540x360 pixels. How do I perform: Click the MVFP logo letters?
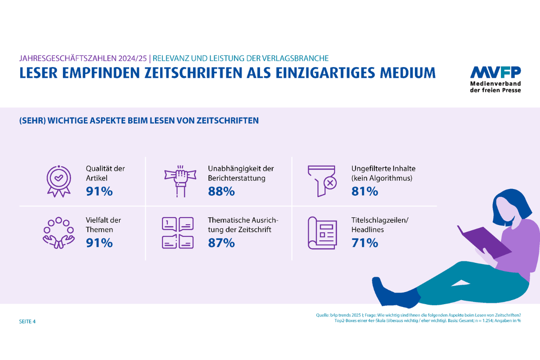tap(495, 72)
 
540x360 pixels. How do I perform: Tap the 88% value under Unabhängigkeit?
tap(221, 191)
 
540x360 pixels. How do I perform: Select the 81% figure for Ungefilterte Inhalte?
tap(364, 191)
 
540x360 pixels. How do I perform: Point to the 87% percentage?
tap(221, 243)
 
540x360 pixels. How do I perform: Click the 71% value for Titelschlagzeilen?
tap(364, 243)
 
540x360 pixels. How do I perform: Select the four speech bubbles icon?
tap(177, 233)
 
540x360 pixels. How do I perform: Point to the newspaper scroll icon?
tap(322, 233)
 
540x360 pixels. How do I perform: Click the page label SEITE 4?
tap(27, 322)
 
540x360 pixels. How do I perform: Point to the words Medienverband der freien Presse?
tap(495, 87)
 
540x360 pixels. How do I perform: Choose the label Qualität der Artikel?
tap(105, 173)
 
